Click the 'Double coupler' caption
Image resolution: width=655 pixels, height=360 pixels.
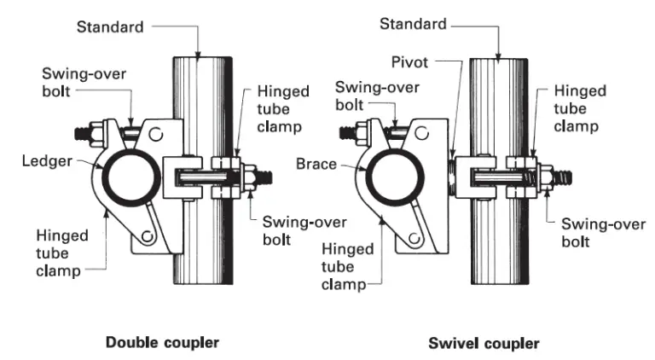pos(162,343)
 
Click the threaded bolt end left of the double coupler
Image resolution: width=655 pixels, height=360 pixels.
pos(84,133)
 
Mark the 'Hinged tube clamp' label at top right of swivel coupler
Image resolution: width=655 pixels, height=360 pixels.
pos(581,107)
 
